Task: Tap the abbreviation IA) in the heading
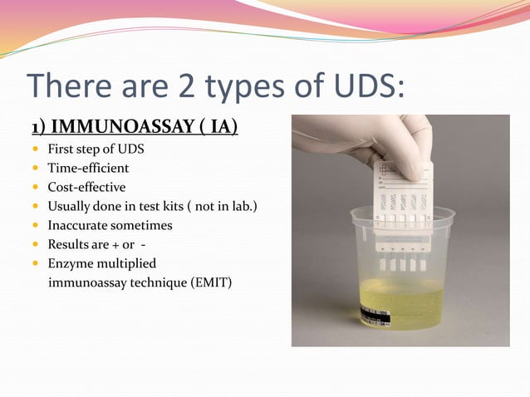pyautogui.click(x=220, y=127)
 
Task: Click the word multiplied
pyautogui.click(x=125, y=264)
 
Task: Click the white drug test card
pyautogui.click(x=403, y=208)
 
